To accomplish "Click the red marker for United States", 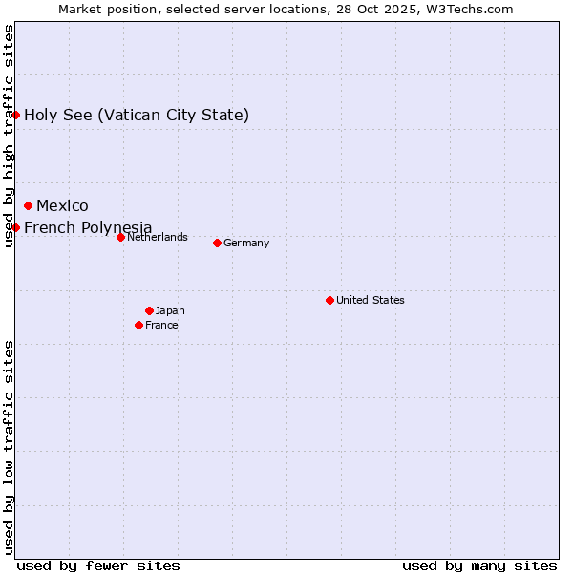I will pyautogui.click(x=329, y=300).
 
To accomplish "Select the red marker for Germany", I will pyautogui.click(x=217, y=243).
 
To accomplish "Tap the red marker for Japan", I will pyautogui.click(x=149, y=310).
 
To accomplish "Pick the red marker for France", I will pyautogui.click(x=138, y=325).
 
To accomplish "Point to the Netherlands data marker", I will pyautogui.click(x=120, y=237).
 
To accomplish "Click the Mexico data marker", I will pyautogui.click(x=28, y=205).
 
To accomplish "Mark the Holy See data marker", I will pyautogui.click(x=15, y=115).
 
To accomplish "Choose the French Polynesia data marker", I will pyautogui.click(x=15, y=227).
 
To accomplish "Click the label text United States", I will pyautogui.click(x=371, y=300).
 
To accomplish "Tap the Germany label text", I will pyautogui.click(x=246, y=243).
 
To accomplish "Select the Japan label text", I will pyautogui.click(x=170, y=310).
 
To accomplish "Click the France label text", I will pyautogui.click(x=161, y=325).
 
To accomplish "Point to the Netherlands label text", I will pyautogui.click(x=158, y=237).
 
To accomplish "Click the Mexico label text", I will pyautogui.click(x=62, y=205).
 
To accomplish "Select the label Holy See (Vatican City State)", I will pyautogui.click(x=137, y=115).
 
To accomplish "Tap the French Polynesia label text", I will pyautogui.click(x=88, y=227).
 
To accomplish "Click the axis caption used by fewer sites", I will pyautogui.click(x=98, y=565).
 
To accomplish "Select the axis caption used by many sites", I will pyautogui.click(x=479, y=565).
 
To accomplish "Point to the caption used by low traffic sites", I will pyautogui.click(x=9, y=447).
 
